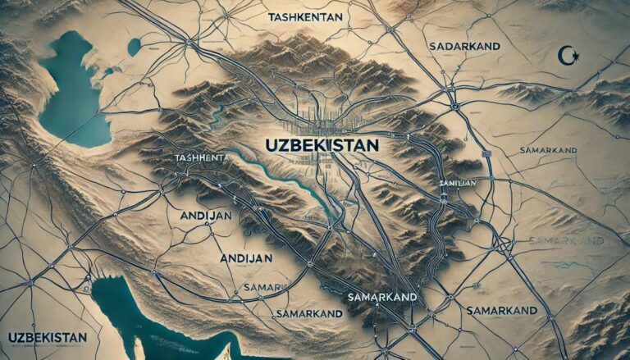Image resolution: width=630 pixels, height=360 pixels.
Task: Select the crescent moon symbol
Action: point(563,55)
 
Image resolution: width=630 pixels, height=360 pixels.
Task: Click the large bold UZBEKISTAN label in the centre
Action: point(322,144)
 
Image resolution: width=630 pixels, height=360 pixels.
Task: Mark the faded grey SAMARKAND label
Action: point(566,240)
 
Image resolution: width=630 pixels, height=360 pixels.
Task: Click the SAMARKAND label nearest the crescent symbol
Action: point(551,151)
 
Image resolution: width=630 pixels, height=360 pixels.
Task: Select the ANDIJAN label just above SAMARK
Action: point(247,257)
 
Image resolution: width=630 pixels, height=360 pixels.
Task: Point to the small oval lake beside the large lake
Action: point(134,48)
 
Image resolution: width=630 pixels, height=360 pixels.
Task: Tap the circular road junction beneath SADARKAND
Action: point(454,106)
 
